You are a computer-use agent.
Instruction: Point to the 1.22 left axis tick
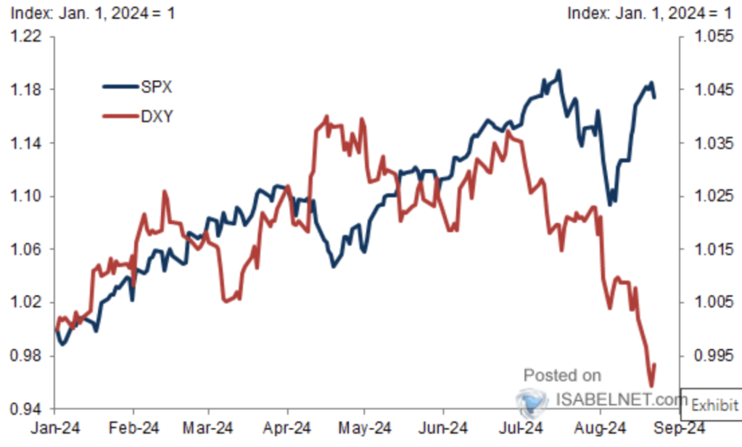(26, 36)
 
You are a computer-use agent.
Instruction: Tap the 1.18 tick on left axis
(26, 90)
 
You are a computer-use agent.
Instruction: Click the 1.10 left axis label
(26, 197)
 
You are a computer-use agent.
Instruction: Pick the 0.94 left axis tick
(26, 409)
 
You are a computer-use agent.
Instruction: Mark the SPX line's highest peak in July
(558, 71)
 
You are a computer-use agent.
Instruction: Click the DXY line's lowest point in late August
(651, 385)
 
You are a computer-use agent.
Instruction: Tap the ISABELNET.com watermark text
(621, 398)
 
